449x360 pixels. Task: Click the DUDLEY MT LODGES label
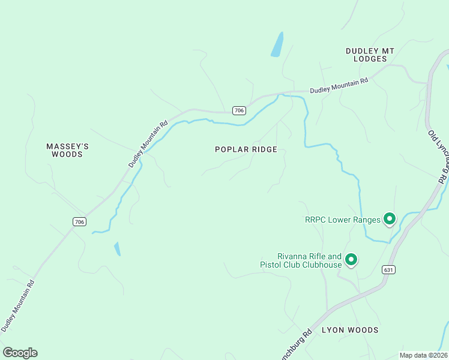point(370,55)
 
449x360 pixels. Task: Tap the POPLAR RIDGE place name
point(246,149)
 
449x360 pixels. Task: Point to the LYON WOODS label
point(350,330)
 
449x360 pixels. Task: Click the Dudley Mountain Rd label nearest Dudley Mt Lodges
point(339,86)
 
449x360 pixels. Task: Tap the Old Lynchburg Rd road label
point(438,157)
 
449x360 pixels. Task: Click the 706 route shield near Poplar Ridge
point(239,110)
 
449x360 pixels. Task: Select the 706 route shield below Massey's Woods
point(79,222)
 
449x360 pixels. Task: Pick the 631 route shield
point(388,270)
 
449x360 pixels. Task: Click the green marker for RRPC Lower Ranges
point(389,219)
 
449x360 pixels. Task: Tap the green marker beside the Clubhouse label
point(351,259)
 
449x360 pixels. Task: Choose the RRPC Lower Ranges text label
point(343,220)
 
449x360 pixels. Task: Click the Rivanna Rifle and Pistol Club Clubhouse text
point(301,260)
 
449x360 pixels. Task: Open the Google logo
point(20,353)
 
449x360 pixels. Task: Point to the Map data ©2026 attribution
point(423,355)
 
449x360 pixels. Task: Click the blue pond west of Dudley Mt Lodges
point(277,44)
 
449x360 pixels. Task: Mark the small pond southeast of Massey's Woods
point(117,248)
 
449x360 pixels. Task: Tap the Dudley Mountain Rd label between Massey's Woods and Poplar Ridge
point(148,145)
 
